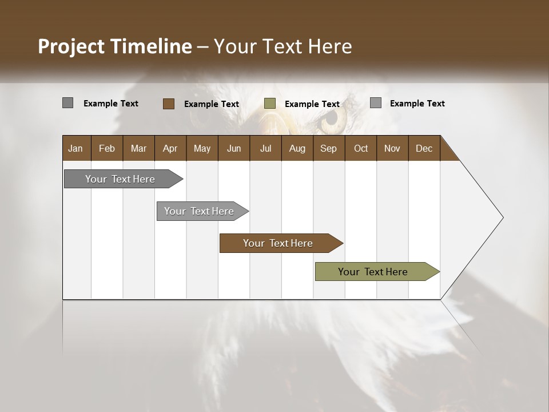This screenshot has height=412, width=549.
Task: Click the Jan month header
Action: [75, 148]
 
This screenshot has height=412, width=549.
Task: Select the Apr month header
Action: [170, 148]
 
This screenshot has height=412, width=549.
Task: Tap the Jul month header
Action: [265, 148]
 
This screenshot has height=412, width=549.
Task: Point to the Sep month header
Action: [328, 148]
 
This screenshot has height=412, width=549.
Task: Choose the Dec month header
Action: [424, 148]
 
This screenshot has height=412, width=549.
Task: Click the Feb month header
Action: [107, 148]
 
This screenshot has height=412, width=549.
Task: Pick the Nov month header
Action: [392, 148]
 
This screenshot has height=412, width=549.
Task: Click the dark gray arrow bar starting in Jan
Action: [120, 179]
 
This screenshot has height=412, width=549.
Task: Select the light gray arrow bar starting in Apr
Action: [199, 211]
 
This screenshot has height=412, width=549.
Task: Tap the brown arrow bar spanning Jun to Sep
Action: [278, 243]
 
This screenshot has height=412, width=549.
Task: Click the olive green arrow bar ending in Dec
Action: [373, 272]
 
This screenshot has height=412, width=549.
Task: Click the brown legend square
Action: [168, 104]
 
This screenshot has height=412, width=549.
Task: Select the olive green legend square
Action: [270, 104]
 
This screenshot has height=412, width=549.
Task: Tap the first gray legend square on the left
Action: [67, 103]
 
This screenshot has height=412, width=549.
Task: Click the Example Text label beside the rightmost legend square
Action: [417, 104]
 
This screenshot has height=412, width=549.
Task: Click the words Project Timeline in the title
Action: [114, 46]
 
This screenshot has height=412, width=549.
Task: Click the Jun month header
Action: [233, 148]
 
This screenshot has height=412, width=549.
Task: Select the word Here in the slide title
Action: [330, 46]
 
